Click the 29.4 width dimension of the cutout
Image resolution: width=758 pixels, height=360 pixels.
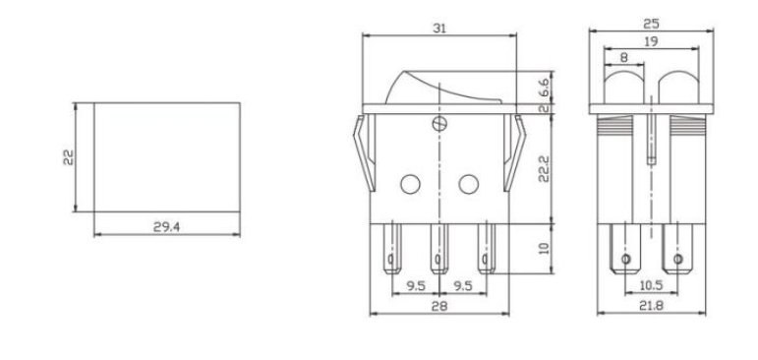click(x=164, y=226)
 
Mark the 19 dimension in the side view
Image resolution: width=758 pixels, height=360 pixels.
click(x=650, y=41)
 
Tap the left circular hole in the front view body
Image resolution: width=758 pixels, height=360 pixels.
click(x=409, y=183)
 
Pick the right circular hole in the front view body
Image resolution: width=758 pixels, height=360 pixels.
click(x=468, y=183)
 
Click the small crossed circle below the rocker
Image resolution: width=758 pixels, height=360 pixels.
click(x=438, y=124)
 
